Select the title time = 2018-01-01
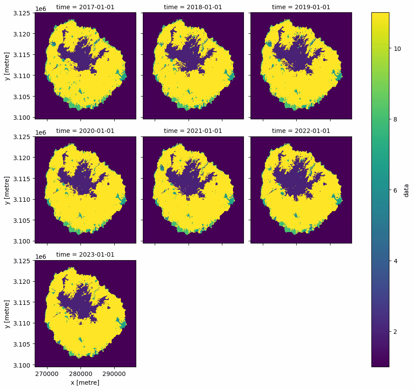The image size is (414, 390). [193, 7]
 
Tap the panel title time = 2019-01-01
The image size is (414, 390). [301, 7]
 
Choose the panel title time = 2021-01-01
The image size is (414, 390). [193, 131]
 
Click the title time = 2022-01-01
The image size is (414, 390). [301, 131]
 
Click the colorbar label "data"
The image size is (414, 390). [407, 190]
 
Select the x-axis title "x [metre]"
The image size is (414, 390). [85, 383]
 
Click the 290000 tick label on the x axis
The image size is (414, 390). [115, 374]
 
